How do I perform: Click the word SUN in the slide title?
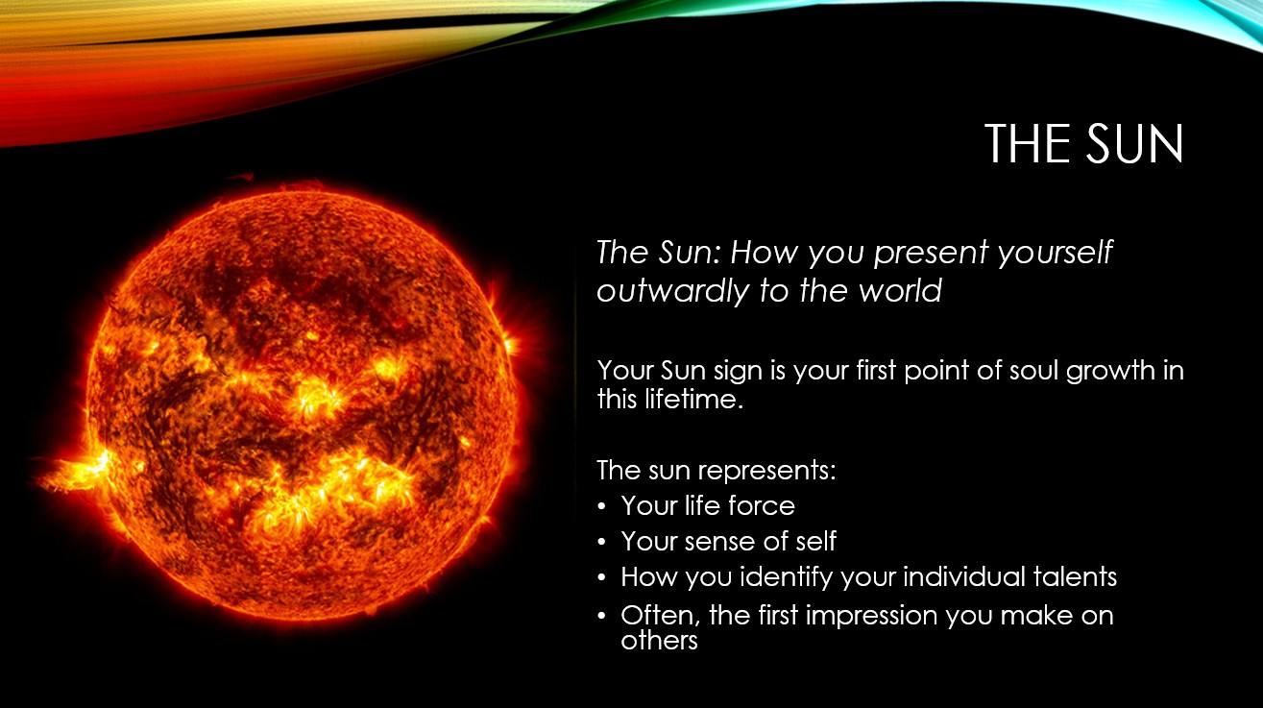1134,144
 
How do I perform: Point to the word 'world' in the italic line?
900,290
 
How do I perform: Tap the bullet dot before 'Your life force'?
601,506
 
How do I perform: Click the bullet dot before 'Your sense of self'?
601,542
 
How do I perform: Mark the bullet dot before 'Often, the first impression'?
601,615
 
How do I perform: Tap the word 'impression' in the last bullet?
871,617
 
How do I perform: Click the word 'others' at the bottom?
659,641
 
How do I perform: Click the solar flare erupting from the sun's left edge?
73,473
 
